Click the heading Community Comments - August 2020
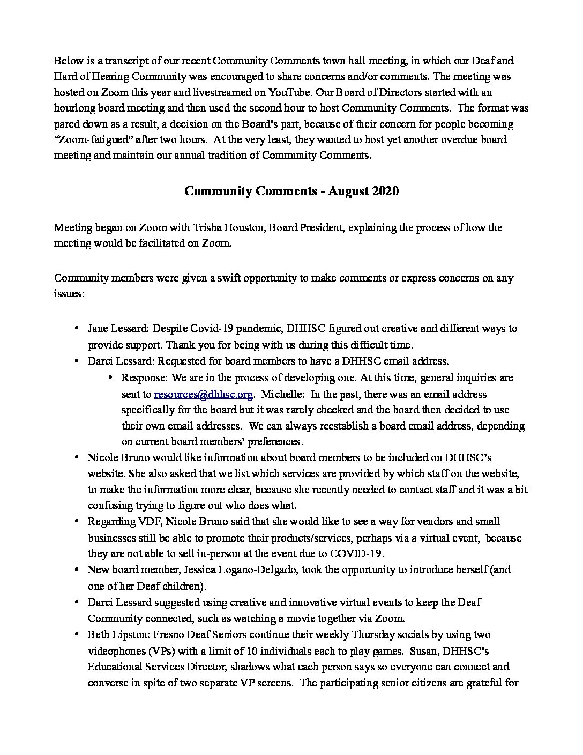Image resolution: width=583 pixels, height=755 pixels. click(291, 191)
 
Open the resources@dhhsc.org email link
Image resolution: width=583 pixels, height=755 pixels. click(203, 394)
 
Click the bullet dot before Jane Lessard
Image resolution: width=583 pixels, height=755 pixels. click(77, 328)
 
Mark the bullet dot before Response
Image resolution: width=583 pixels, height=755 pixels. click(111, 377)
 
